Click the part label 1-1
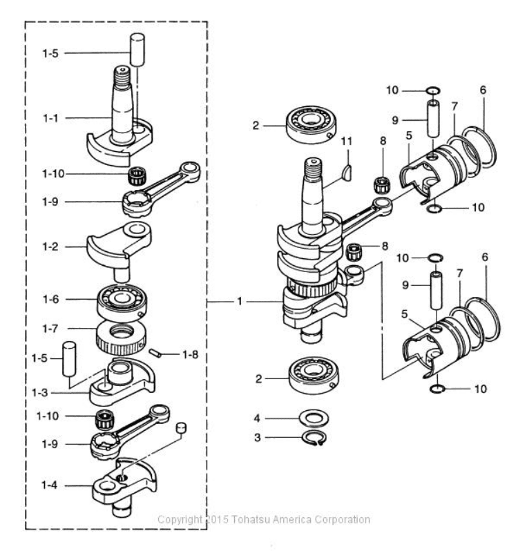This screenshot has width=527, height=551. [x=52, y=119]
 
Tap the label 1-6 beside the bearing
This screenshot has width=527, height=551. [x=52, y=299]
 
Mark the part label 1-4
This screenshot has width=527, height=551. [x=52, y=487]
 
